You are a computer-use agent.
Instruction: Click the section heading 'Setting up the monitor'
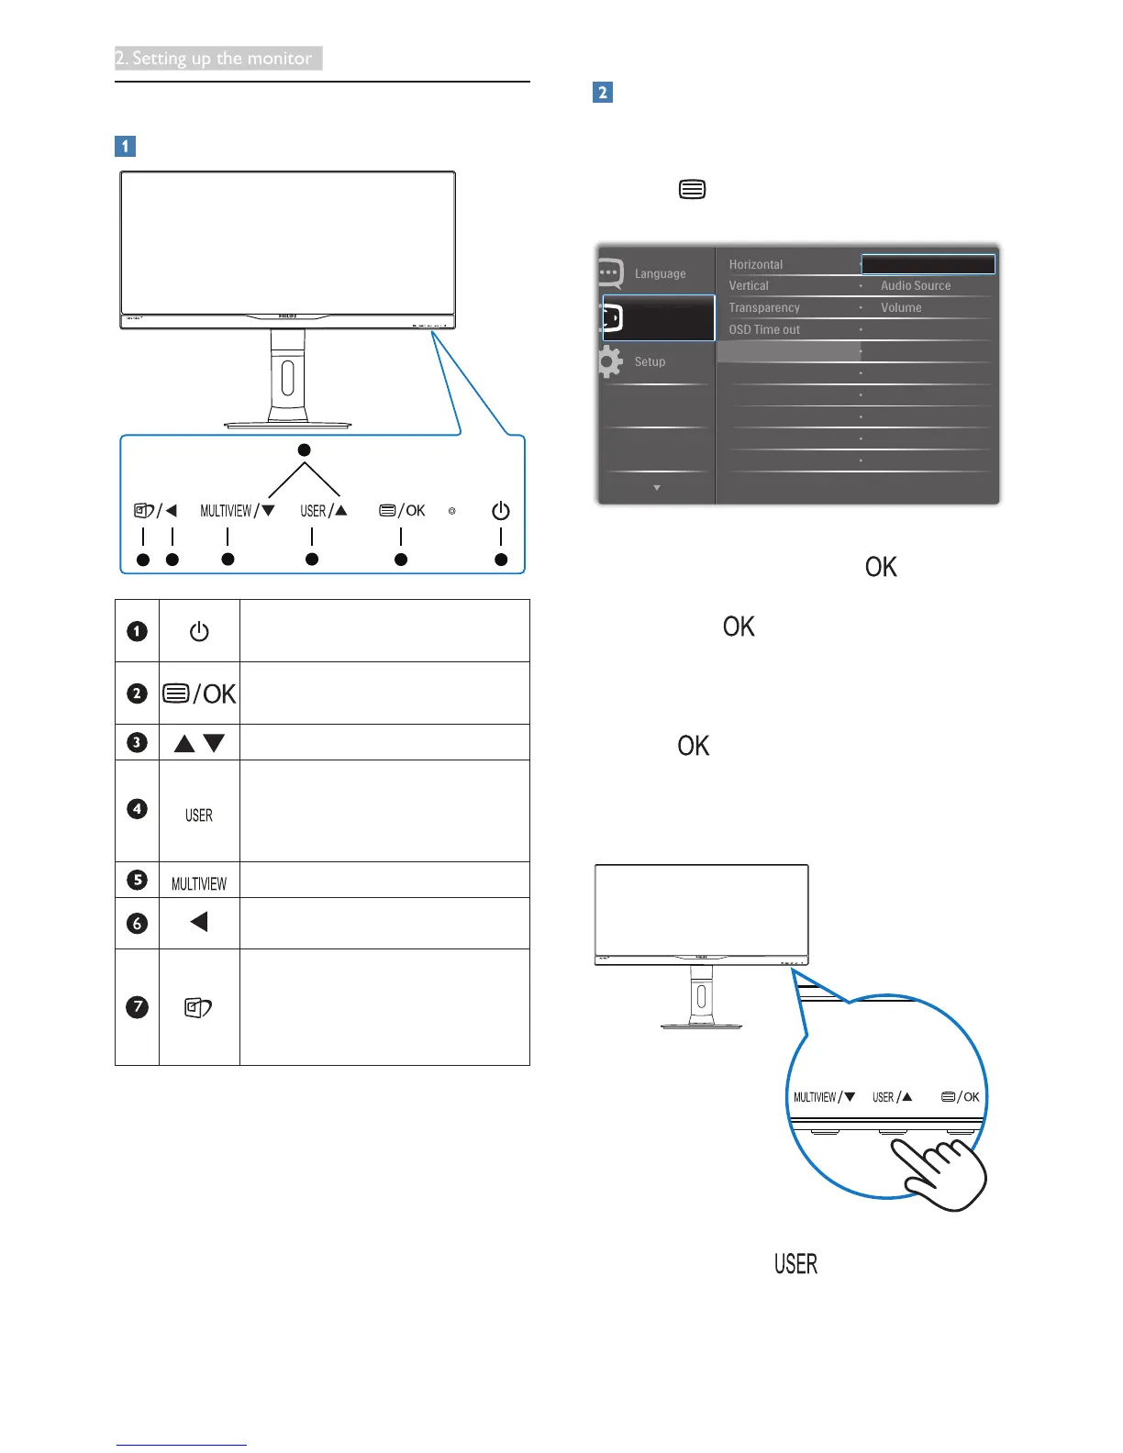pos(218,58)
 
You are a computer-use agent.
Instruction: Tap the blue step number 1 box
pos(125,146)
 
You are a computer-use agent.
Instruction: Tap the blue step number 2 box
pos(603,93)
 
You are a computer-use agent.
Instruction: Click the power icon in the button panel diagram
pos(500,511)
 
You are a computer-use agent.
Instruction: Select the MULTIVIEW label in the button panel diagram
pos(226,511)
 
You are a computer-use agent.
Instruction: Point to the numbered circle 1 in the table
pos(137,631)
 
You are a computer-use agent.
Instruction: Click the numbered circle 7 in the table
pos(137,1006)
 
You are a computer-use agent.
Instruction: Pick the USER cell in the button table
pos(199,815)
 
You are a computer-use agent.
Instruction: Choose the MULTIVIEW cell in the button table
pos(199,883)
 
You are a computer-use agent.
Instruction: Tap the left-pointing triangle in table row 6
pos(199,921)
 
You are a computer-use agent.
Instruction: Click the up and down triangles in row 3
pos(199,743)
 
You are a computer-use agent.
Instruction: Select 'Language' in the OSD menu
pos(660,273)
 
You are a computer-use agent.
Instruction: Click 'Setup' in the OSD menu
pos(650,361)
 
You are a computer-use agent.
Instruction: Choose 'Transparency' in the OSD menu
pos(764,308)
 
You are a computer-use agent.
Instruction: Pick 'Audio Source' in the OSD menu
pos(916,286)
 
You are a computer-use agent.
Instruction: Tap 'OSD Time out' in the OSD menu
pos(764,330)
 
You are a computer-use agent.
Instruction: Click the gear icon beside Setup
pos(609,361)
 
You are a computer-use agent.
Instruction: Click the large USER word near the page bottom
pos(795,1264)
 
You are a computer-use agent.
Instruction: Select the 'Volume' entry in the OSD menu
pos(901,308)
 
